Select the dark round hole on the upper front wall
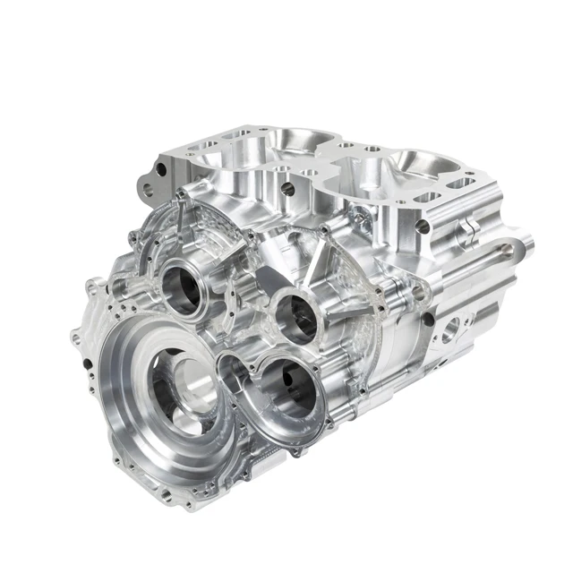click(x=289, y=189)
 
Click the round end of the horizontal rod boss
click(x=526, y=242)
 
